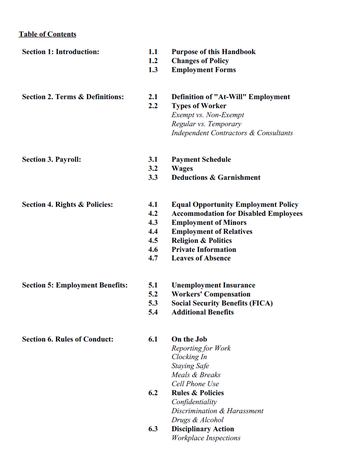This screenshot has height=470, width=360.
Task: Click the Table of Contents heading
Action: click(x=50, y=33)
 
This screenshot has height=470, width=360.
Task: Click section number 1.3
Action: click(x=153, y=72)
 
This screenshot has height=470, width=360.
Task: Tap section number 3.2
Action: click(x=153, y=170)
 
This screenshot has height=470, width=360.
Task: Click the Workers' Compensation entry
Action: click(x=220, y=296)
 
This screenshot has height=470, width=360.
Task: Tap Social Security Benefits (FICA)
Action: click(x=233, y=307)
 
